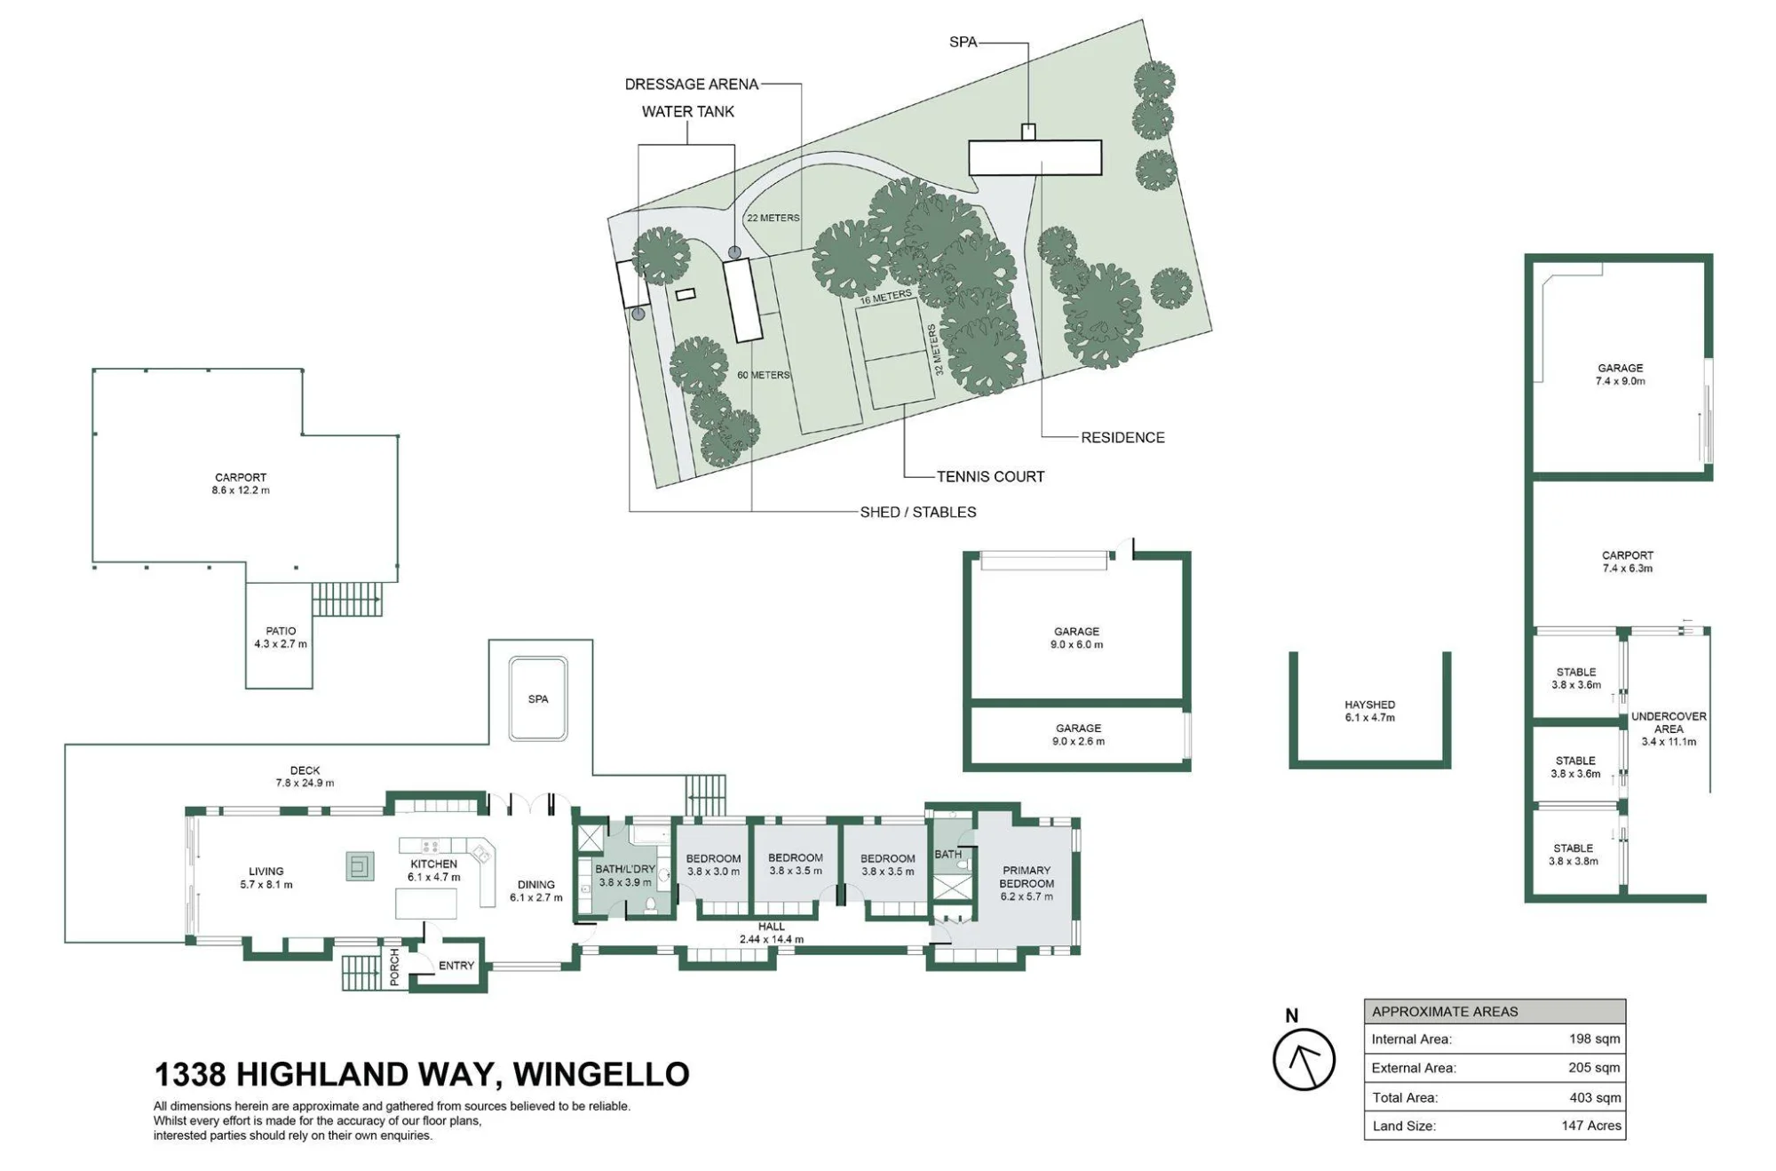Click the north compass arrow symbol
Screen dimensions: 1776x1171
point(1304,1058)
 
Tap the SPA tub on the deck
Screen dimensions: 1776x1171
point(538,698)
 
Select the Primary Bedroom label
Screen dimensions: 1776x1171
point(1027,883)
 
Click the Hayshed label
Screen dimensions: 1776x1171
point(1369,711)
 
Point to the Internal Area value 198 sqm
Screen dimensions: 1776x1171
point(1594,1039)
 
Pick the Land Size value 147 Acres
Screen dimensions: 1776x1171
point(1591,1126)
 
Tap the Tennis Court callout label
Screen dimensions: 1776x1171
point(990,476)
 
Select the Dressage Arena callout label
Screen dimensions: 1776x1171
point(692,84)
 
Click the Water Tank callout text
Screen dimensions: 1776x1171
point(688,111)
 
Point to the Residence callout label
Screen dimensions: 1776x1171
point(1122,437)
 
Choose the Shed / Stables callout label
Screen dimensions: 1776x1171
point(918,512)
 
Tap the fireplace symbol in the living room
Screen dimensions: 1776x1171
point(360,865)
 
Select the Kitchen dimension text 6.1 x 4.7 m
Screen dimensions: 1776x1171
point(434,877)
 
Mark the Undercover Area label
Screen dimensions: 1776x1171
point(1669,729)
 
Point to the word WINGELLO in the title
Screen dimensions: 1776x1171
point(601,1074)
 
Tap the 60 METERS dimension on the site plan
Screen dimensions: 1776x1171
point(763,375)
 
